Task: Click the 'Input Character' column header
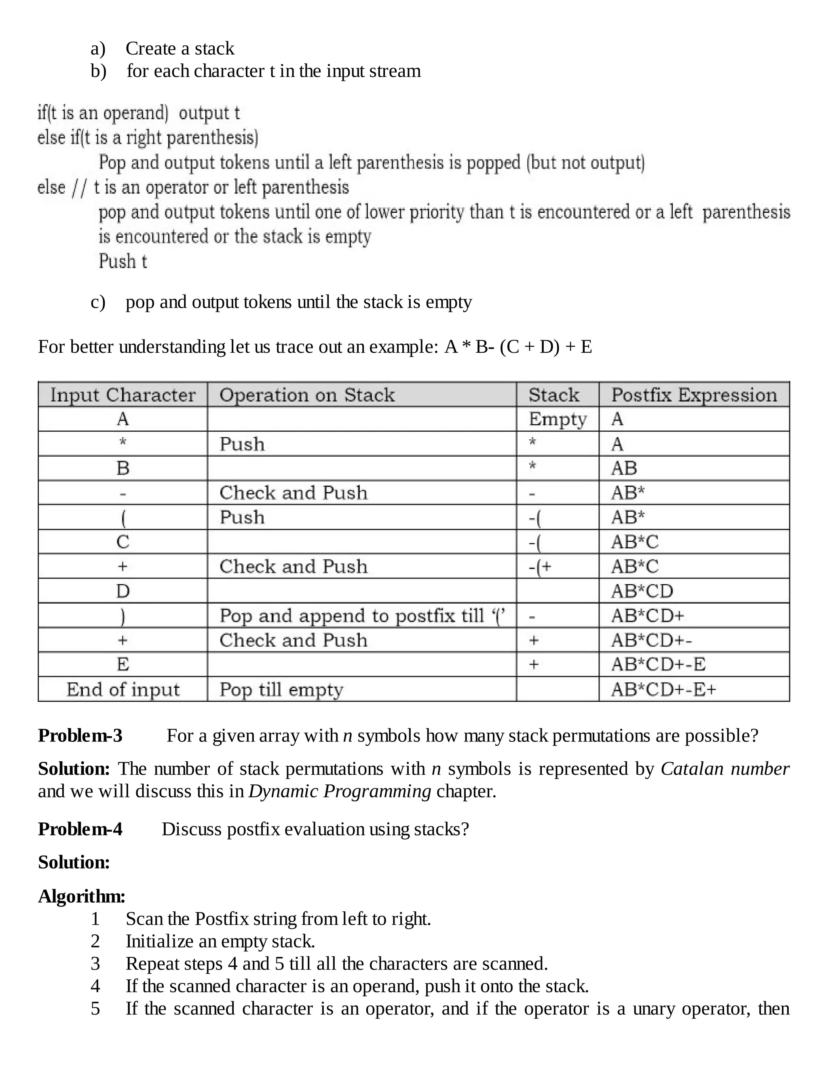[x=123, y=395]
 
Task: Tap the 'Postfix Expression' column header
[x=694, y=395]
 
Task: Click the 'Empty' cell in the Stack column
[x=557, y=419]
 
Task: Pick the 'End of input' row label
[x=123, y=690]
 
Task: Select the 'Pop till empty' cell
[x=281, y=690]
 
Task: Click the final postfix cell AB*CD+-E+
[x=663, y=690]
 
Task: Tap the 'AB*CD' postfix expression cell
[x=642, y=591]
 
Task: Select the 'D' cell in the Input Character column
[x=123, y=591]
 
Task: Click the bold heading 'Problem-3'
[x=80, y=736]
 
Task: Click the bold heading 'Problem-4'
[x=80, y=829]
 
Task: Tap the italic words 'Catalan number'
[x=724, y=769]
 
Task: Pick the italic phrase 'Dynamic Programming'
[x=340, y=791]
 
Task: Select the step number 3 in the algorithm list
[x=95, y=964]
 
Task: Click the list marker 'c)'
[x=97, y=302]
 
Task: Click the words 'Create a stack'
[x=180, y=49]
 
